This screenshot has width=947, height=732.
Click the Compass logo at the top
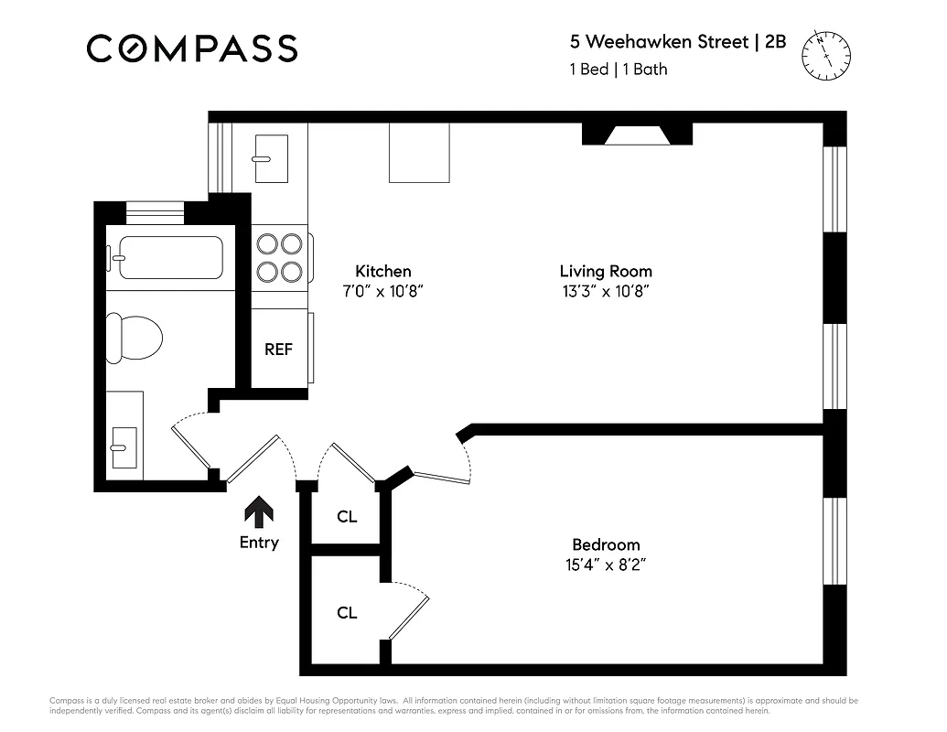(x=192, y=48)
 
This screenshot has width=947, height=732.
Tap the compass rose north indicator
(x=825, y=55)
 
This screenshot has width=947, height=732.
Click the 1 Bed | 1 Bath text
(x=619, y=70)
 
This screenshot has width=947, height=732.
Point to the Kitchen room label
(x=382, y=271)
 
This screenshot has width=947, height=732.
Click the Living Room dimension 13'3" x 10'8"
(x=606, y=292)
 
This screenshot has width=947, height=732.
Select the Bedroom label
(x=606, y=544)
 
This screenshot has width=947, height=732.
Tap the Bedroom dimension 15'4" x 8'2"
(x=606, y=565)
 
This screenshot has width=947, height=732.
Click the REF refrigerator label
(x=278, y=350)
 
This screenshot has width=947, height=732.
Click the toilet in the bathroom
(x=134, y=336)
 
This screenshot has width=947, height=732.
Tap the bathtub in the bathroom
(x=166, y=257)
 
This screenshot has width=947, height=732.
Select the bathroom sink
(x=124, y=442)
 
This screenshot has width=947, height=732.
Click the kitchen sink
(x=269, y=156)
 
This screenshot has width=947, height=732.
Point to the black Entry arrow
(x=259, y=511)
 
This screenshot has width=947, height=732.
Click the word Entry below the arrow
(x=259, y=543)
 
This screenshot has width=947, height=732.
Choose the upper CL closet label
(x=347, y=517)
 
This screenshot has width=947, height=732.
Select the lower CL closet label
(x=347, y=613)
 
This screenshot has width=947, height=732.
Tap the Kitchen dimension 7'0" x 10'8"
(x=382, y=292)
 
